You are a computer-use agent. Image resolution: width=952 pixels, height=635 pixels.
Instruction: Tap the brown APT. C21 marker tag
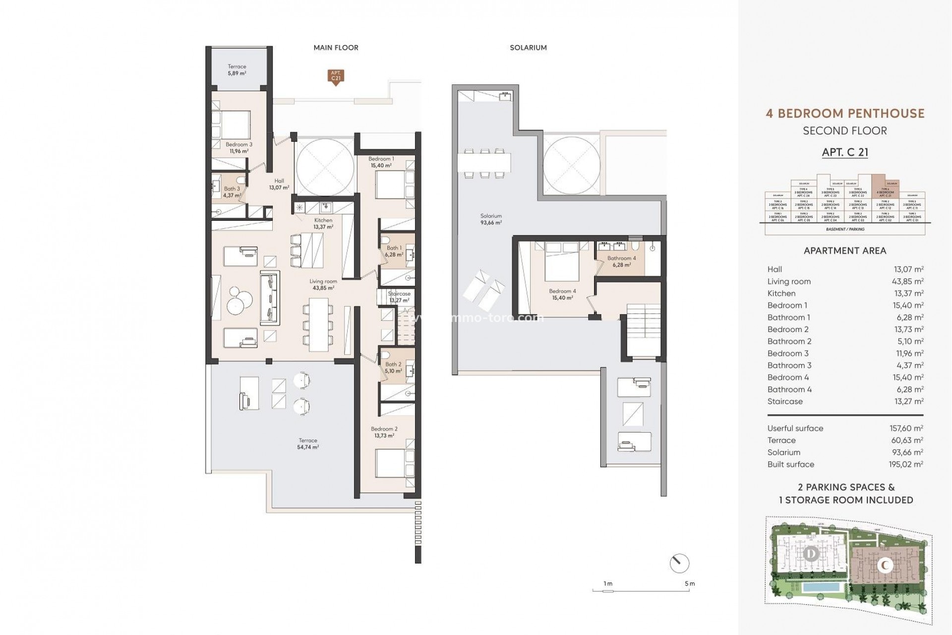336,76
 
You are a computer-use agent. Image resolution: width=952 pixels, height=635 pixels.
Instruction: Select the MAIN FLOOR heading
336,48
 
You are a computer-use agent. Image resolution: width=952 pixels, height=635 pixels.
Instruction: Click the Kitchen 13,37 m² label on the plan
323,223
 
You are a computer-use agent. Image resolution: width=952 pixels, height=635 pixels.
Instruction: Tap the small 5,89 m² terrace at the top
237,69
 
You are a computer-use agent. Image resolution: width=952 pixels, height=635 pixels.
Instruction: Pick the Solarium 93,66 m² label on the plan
491,219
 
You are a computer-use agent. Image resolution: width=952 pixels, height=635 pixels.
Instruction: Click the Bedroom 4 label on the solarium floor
562,295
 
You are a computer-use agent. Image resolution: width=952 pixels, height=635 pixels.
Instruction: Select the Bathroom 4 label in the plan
621,261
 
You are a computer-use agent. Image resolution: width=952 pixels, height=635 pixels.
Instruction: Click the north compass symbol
679,564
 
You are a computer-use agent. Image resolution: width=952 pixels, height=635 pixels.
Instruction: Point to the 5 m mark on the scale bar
689,584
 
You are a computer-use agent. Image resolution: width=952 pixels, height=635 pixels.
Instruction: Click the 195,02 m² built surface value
906,464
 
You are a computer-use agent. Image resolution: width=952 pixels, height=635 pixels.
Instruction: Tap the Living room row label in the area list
789,281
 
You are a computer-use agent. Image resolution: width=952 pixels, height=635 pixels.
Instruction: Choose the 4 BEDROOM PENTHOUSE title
845,113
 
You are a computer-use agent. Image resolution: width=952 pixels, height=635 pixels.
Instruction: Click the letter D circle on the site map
811,554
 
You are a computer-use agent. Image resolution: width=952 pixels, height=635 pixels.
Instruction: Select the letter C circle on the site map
886,565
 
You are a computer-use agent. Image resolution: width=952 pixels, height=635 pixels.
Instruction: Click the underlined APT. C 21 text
845,152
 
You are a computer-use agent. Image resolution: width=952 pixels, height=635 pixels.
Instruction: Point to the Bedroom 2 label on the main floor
384,432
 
